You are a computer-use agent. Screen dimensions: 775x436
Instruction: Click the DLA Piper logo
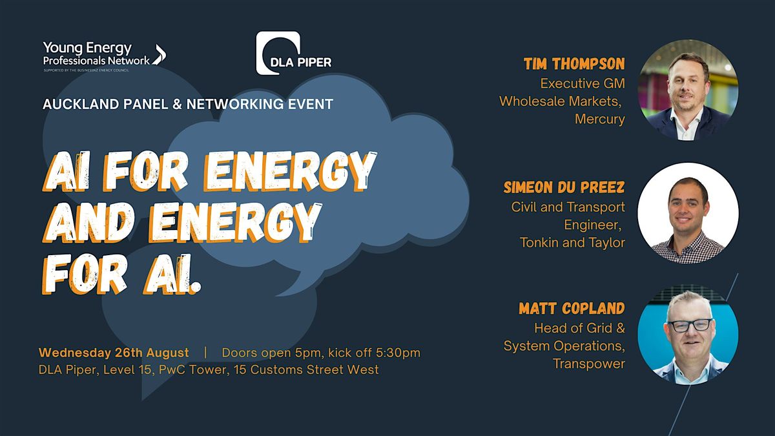click(294, 53)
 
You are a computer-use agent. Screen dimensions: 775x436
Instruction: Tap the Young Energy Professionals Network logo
click(105, 56)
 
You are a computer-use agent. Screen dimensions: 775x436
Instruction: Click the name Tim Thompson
click(574, 64)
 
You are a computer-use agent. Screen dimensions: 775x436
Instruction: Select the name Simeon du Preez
click(564, 187)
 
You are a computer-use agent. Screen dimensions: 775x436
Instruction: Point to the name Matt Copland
click(572, 308)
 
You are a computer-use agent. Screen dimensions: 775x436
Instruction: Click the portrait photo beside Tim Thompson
click(688, 90)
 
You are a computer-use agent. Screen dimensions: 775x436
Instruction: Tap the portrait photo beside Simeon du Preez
click(688, 213)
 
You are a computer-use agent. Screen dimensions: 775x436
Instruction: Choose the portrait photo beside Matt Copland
click(688, 335)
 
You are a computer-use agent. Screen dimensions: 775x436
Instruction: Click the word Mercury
click(600, 119)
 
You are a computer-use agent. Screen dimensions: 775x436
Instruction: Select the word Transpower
click(589, 364)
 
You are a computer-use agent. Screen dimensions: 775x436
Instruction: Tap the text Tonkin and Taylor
click(573, 243)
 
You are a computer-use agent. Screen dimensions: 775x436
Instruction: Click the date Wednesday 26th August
click(114, 353)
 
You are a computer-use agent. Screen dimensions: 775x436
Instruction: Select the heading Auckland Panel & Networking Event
click(188, 104)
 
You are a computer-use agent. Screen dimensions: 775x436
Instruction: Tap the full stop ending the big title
click(196, 287)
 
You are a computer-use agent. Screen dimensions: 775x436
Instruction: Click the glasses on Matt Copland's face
click(690, 326)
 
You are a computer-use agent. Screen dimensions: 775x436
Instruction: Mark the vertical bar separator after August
click(205, 353)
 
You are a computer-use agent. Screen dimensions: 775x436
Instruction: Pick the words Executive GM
click(583, 83)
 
